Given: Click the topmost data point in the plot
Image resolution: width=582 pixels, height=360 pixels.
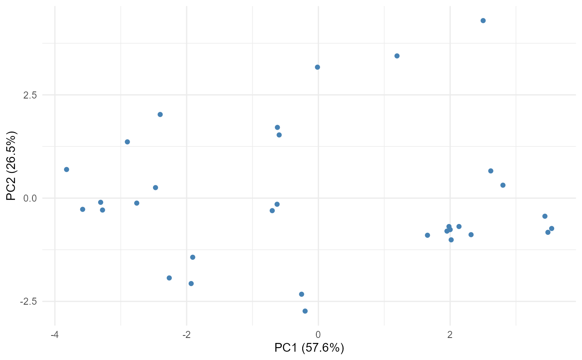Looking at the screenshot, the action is (483, 21).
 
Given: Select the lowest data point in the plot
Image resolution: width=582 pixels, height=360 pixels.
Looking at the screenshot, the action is (305, 311).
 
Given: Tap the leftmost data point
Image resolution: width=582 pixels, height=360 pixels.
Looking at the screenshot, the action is (67, 170).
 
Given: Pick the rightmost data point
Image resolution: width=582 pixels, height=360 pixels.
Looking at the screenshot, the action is (552, 229).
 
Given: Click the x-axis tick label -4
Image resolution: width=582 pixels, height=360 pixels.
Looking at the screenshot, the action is (54, 335).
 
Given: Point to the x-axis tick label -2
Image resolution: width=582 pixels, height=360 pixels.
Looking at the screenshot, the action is (186, 335).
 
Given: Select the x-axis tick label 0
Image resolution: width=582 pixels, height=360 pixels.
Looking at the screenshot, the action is (318, 335).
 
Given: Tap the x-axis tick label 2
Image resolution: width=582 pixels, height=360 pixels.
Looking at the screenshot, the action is (450, 335).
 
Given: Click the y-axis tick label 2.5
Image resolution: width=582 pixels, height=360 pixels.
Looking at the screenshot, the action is (30, 95).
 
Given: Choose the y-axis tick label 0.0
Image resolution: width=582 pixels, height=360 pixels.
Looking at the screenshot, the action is (30, 198).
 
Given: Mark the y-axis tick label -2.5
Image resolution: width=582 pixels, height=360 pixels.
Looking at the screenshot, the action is (29, 302).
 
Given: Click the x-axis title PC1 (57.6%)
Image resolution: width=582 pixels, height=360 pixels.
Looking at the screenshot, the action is (309, 348).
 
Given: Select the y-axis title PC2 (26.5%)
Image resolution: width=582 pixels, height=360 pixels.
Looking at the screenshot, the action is (12, 166).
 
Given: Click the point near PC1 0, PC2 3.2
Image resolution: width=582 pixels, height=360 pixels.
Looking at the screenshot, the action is (318, 67).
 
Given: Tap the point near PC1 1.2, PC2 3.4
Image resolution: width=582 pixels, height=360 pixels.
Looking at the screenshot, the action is (397, 56).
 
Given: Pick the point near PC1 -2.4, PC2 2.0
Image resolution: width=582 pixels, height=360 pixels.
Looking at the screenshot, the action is (160, 115).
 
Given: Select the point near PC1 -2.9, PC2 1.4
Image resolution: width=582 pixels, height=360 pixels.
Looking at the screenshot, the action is (127, 142).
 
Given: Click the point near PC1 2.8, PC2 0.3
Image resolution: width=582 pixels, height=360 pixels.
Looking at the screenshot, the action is (503, 185).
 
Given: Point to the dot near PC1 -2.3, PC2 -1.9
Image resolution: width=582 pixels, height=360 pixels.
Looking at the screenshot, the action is (169, 278).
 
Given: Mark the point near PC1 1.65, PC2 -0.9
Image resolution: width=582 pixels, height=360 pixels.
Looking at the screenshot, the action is (427, 235).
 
